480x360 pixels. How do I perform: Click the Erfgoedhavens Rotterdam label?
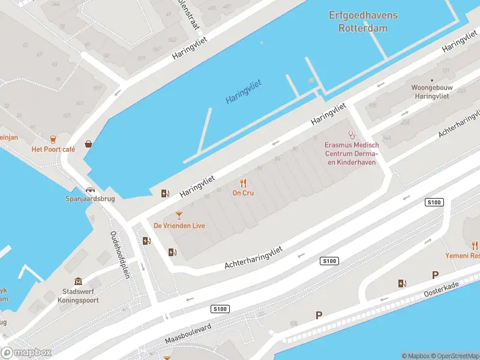[358, 22]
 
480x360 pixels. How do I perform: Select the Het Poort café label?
[53, 149]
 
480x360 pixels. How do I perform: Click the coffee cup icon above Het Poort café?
[53, 139]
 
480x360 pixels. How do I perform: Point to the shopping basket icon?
[89, 144]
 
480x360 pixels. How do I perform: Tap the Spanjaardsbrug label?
[90, 199]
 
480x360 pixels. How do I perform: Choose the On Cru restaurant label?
[242, 193]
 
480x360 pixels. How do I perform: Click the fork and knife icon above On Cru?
[243, 182]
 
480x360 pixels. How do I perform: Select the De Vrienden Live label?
[179, 226]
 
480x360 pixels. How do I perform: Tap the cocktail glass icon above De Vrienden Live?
[179, 215]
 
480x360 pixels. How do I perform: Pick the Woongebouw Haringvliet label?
[431, 91]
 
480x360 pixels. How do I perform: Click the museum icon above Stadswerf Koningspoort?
[79, 282]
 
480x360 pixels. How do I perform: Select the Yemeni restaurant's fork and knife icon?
[475, 245]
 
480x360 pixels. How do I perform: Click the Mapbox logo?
[26, 353]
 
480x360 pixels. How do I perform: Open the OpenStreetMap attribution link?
[454, 356]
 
